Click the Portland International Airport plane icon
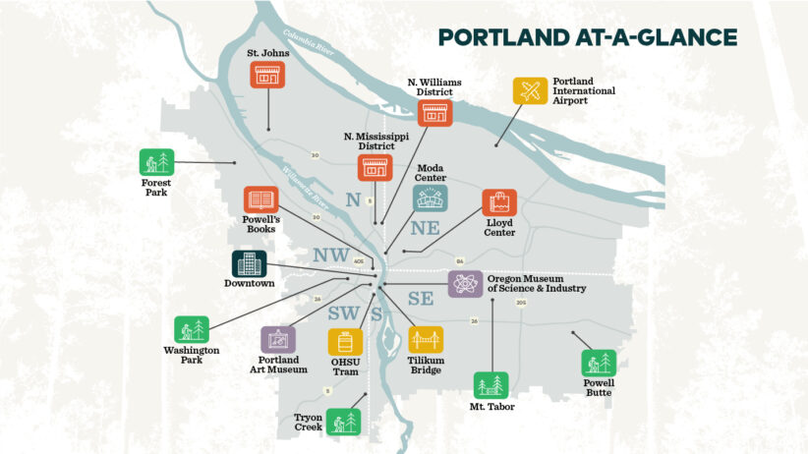(530, 91)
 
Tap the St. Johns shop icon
(267, 75)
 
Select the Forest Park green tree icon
(156, 162)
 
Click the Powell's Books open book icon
(260, 199)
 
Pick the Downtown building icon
(249, 263)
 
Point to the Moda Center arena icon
(430, 199)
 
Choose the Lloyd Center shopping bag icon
(499, 203)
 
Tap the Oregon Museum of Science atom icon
(465, 284)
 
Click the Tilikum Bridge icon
(426, 340)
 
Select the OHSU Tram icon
(345, 341)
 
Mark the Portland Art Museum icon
(277, 340)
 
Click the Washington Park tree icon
(192, 330)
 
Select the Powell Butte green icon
(597, 363)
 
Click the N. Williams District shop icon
(433, 112)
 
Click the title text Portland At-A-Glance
(588, 37)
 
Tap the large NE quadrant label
(427, 228)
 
